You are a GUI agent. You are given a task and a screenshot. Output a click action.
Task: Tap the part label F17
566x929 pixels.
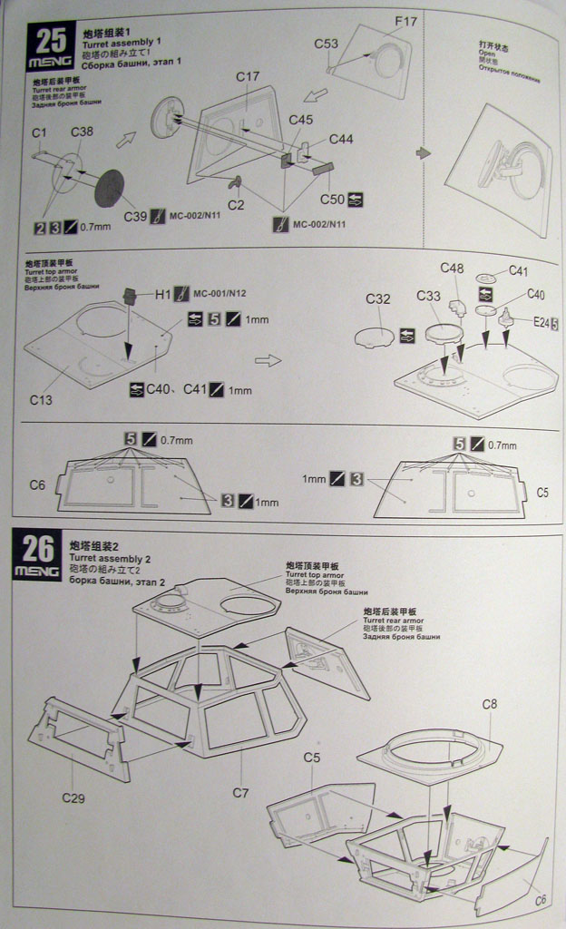tap(405, 21)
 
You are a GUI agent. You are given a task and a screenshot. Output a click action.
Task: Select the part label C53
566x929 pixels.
tap(326, 43)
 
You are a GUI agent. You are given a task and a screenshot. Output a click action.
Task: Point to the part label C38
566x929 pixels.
tap(82, 132)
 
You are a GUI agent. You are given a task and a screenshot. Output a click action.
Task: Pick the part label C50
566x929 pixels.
tap(331, 200)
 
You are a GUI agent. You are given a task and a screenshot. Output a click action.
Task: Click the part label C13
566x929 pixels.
tap(41, 398)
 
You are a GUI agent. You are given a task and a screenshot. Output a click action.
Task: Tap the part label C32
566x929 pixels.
tap(378, 298)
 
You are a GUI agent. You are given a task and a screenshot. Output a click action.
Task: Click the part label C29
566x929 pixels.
tap(73, 798)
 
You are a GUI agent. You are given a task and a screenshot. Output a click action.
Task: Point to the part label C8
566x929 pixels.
tap(489, 703)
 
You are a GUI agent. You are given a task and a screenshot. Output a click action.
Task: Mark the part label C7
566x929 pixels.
tap(239, 792)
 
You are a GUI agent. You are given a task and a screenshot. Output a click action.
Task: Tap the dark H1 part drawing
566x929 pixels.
tap(130, 296)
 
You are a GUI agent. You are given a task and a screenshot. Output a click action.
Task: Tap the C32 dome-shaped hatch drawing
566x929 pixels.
tap(373, 335)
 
